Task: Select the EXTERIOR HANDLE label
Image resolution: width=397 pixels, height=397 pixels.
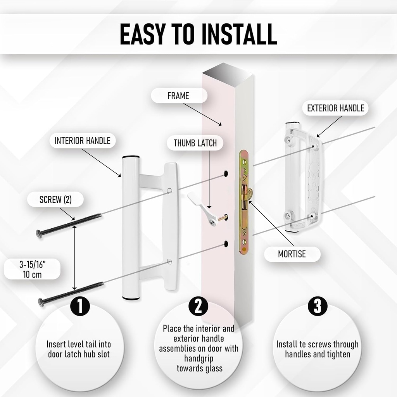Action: (335, 108)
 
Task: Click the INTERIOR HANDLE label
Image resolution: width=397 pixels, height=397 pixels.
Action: (83, 140)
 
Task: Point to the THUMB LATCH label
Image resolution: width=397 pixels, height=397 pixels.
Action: (195, 143)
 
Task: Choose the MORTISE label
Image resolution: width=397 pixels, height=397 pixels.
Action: (292, 254)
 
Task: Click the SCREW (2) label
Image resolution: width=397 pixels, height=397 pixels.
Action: (55, 200)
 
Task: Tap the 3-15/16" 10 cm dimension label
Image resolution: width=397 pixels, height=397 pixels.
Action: (32, 269)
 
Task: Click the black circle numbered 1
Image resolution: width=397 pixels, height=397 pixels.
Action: (80, 306)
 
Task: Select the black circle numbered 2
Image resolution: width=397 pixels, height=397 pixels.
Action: (198, 306)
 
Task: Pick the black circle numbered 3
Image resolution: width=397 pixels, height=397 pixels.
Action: (318, 306)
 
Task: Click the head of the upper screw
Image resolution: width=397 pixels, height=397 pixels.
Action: (38, 234)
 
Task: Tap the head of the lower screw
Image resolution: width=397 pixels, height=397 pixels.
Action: (41, 302)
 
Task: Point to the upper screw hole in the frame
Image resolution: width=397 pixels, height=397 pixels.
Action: (225, 174)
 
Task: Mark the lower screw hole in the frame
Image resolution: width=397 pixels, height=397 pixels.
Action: (226, 244)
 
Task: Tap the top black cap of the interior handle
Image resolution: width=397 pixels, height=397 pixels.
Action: (131, 157)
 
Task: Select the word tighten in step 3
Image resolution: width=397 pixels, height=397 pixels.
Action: (338, 354)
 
